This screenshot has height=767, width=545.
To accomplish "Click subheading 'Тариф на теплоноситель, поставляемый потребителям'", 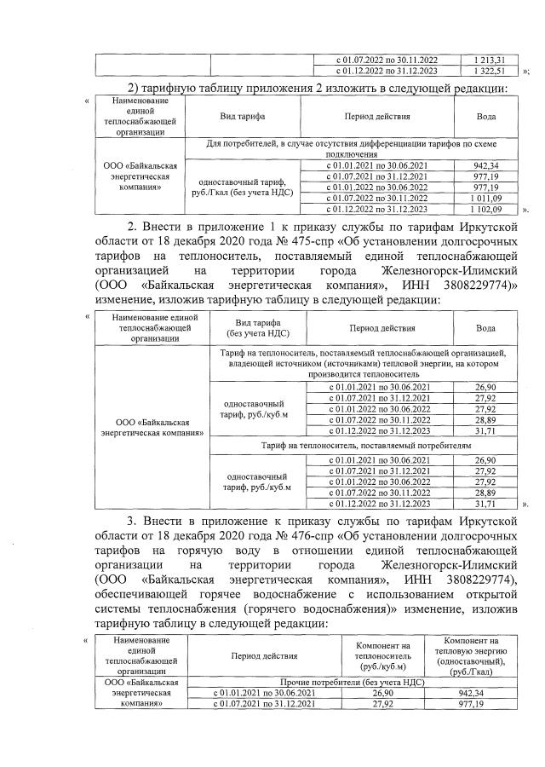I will [363, 445].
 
